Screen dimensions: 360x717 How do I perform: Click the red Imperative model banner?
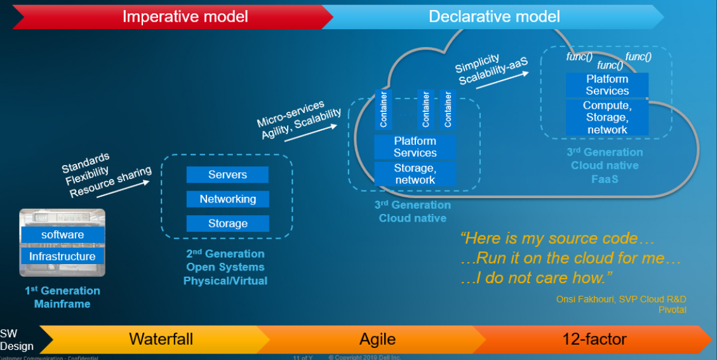coord(185,16)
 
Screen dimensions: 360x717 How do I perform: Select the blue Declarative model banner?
coord(494,16)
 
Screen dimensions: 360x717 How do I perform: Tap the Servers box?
coord(227,175)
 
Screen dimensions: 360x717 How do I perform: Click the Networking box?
coord(227,199)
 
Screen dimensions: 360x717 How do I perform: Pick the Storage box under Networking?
coord(227,223)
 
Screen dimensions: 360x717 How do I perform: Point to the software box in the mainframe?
coord(62,235)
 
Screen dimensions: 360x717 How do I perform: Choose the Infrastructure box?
coord(62,257)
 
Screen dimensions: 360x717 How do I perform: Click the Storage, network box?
coord(415,174)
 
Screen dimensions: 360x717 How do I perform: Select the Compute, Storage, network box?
coord(606,117)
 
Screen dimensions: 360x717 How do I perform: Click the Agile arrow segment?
coord(377,339)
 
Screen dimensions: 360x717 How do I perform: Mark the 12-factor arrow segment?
coord(594,339)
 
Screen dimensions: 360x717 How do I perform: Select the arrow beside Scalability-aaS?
coord(513,75)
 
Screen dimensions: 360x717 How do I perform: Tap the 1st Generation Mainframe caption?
coord(62,297)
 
